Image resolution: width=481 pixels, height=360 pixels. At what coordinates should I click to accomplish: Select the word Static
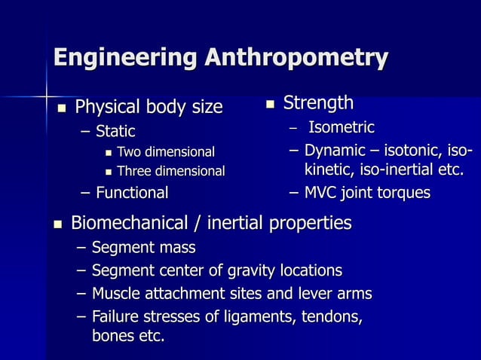(x=115, y=132)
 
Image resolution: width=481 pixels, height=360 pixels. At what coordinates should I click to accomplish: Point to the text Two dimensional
(x=165, y=152)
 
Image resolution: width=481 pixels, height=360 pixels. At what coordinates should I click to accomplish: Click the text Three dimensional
(x=170, y=172)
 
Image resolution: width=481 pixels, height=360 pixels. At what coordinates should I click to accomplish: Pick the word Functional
(x=132, y=193)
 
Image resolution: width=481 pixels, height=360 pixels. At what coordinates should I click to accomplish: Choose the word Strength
(x=318, y=102)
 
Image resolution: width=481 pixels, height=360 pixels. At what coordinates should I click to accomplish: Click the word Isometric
(x=342, y=127)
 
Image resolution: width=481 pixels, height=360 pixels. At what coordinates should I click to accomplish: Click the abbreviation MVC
(x=322, y=193)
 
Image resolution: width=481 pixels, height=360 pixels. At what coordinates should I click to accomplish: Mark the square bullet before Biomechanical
(x=59, y=224)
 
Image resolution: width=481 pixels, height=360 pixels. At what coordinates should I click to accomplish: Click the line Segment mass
(x=143, y=247)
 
